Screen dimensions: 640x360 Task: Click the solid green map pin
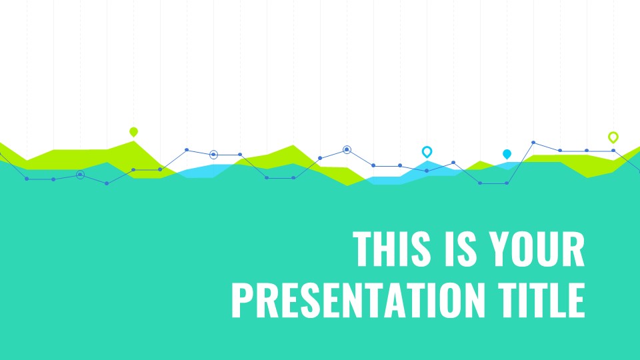pos(133,132)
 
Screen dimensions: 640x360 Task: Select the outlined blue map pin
pos(427,152)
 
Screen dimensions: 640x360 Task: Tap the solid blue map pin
pos(507,154)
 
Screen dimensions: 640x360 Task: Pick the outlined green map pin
pos(613,137)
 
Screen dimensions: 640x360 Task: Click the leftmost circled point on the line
pos(81,175)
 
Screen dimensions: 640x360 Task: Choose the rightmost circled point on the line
pos(347,150)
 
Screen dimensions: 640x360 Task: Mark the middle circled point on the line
pos(213,155)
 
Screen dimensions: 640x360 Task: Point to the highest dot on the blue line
pos(533,143)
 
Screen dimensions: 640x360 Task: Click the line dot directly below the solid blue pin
pos(507,183)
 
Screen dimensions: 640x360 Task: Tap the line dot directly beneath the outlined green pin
pos(613,151)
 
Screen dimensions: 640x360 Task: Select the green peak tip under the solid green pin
pos(133,141)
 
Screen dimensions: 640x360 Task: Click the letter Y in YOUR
pos(501,249)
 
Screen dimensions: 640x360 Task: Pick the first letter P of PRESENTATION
pos(241,300)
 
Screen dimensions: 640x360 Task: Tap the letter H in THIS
pos(384,249)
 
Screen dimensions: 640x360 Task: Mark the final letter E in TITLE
pos(577,300)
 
